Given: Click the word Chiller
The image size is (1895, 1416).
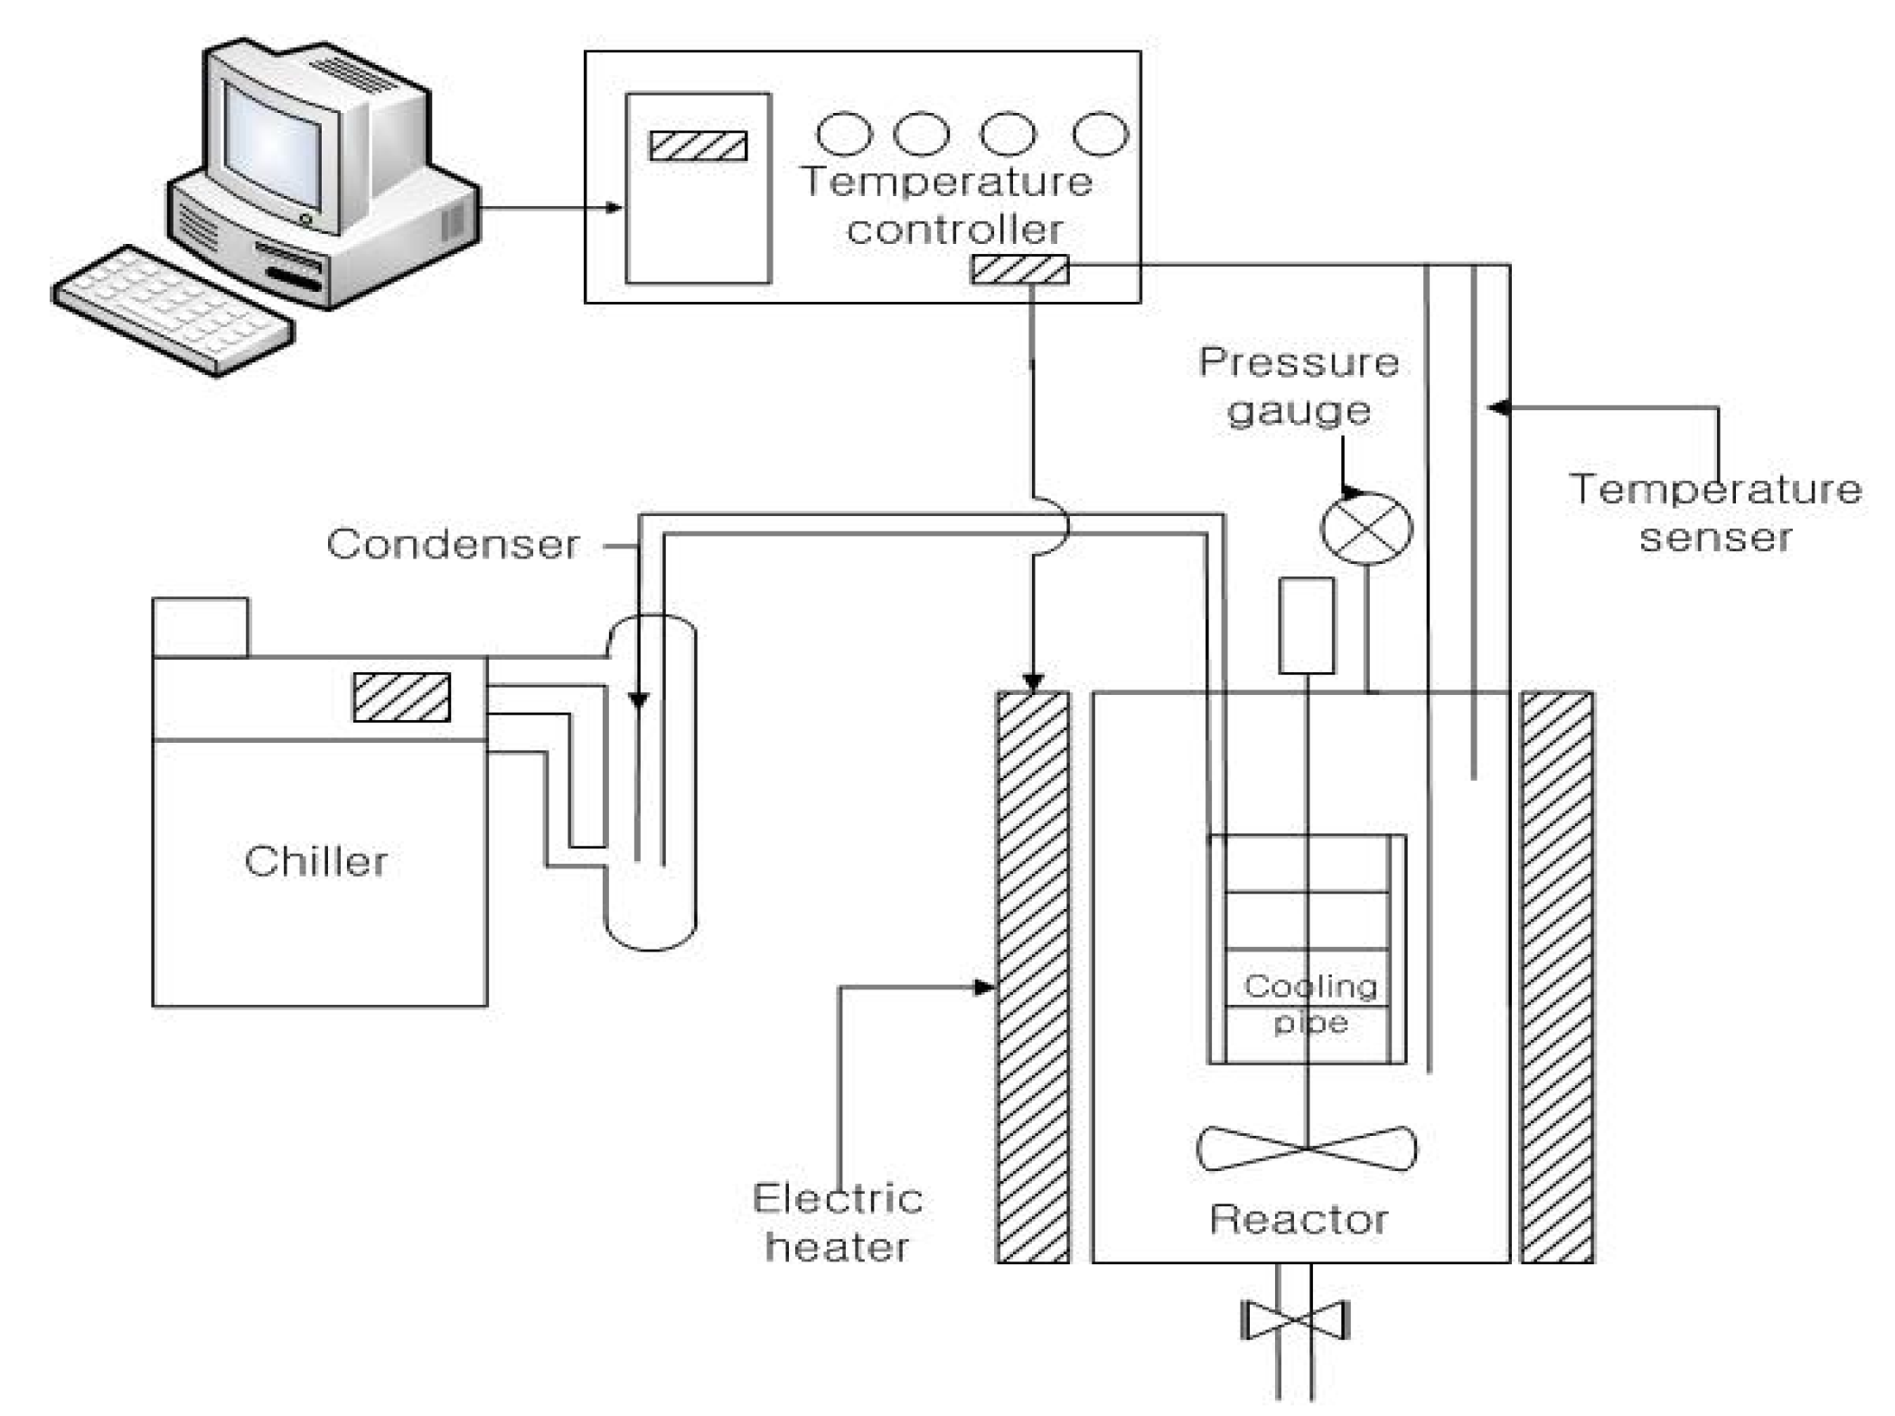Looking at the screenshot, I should click(x=315, y=861).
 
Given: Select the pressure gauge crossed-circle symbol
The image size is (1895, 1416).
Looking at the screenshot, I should click(x=1365, y=529).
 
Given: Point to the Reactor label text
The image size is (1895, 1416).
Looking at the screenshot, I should click(x=1298, y=1220).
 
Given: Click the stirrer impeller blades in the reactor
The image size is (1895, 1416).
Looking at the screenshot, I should click(x=1307, y=1149).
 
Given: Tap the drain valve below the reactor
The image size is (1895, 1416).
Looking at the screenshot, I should click(x=1295, y=1320).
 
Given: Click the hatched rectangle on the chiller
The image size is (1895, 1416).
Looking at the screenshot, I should click(x=401, y=698).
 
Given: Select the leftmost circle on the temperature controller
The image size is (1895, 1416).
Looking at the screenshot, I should click(x=844, y=134).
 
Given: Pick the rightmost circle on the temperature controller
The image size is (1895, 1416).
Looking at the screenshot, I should click(x=1100, y=134).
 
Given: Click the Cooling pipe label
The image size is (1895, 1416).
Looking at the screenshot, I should click(x=1310, y=1004).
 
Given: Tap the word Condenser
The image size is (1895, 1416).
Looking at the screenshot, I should click(x=453, y=544).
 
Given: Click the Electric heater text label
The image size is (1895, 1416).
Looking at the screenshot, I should click(x=837, y=1223).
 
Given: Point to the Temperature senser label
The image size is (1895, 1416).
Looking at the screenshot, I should click(x=1715, y=513).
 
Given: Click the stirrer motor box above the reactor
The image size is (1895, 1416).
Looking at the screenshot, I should click(x=1307, y=625).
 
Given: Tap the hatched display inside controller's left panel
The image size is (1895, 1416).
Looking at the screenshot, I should click(x=699, y=146).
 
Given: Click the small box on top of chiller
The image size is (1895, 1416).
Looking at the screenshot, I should click(x=200, y=627).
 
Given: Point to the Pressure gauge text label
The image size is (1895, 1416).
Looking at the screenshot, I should click(x=1299, y=386).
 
